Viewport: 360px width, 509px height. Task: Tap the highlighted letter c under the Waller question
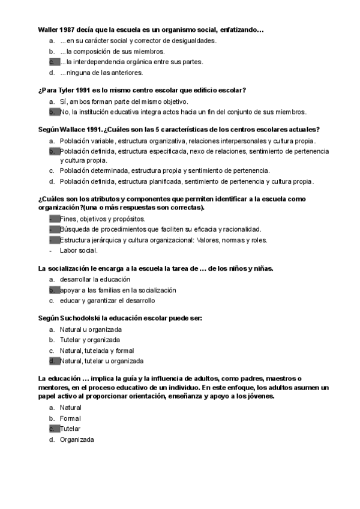point(52,62)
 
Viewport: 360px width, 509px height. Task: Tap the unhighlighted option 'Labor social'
point(79,250)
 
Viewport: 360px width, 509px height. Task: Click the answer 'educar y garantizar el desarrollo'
point(107,300)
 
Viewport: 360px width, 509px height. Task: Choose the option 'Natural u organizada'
point(91,330)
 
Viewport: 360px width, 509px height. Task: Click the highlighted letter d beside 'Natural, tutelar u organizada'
point(52,361)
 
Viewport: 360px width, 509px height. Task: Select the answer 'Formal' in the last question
point(70,418)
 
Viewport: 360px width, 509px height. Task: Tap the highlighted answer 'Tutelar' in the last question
point(70,429)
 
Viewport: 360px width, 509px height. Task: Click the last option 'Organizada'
point(77,439)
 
